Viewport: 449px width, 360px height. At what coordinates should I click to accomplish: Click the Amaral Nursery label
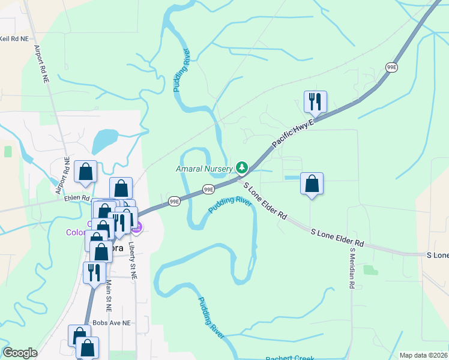tap(203, 169)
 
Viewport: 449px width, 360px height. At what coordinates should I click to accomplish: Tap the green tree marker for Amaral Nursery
tap(241, 167)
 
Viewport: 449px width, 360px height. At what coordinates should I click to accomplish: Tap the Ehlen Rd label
tap(77, 197)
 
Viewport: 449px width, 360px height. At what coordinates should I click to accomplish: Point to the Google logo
tap(20, 353)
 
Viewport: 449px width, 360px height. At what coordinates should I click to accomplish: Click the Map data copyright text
tap(423, 355)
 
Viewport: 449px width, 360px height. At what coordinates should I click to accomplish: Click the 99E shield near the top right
tap(391, 68)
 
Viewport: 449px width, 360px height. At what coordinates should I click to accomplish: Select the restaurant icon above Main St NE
tap(94, 272)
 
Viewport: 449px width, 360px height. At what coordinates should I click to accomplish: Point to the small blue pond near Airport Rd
tap(105, 140)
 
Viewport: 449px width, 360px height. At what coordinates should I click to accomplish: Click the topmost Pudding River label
tap(181, 70)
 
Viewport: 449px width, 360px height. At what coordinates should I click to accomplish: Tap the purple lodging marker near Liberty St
tap(137, 227)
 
